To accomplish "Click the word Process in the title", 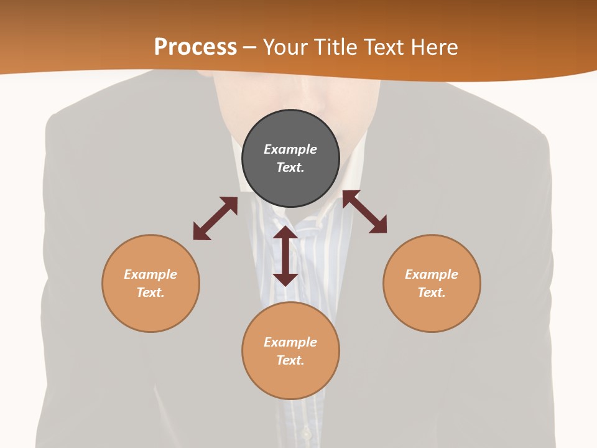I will (x=195, y=47).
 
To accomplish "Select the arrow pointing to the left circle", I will (x=215, y=218).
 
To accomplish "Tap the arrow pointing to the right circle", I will (x=364, y=212).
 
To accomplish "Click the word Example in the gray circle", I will (x=290, y=149).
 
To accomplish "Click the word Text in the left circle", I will (x=150, y=292).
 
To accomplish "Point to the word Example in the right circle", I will (x=432, y=274).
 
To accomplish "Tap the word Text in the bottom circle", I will (x=290, y=360).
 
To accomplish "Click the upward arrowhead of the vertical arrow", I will (x=285, y=233).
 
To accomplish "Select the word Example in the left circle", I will (x=150, y=274).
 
